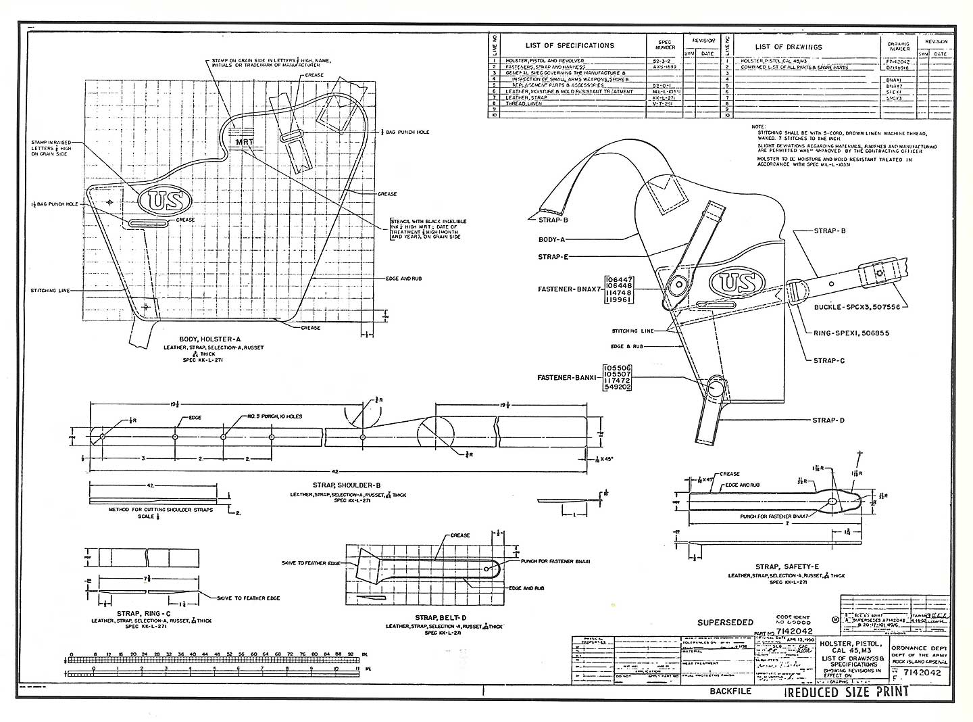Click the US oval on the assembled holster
737,283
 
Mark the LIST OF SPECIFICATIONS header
570,46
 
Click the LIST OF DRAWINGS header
789,47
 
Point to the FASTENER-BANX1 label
567,378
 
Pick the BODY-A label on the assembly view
553,239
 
